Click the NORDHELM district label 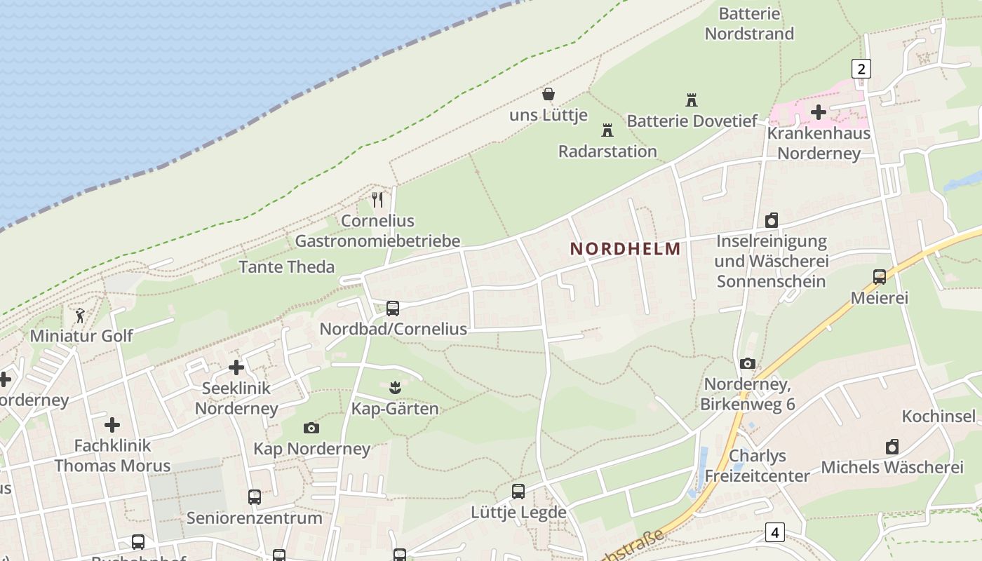pyautogui.click(x=625, y=248)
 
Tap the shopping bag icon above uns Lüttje pyautogui.click(x=549, y=94)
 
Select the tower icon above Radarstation pyautogui.click(x=607, y=130)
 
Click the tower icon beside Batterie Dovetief pyautogui.click(x=692, y=100)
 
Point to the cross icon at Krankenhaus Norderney pyautogui.click(x=818, y=111)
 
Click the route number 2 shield pyautogui.click(x=861, y=69)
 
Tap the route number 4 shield pyautogui.click(x=774, y=532)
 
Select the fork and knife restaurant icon pyautogui.click(x=377, y=200)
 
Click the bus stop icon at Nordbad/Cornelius pyautogui.click(x=393, y=308)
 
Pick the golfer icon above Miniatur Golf pyautogui.click(x=80, y=315)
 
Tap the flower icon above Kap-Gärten pyautogui.click(x=395, y=387)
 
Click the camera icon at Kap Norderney pyautogui.click(x=311, y=428)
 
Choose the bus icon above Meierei pyautogui.click(x=880, y=277)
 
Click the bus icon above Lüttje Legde pyautogui.click(x=518, y=492)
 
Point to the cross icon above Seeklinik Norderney pyautogui.click(x=236, y=367)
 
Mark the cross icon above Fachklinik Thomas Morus pyautogui.click(x=112, y=425)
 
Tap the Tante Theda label pyautogui.click(x=286, y=267)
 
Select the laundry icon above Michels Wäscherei pyautogui.click(x=892, y=447)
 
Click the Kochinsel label pyautogui.click(x=939, y=416)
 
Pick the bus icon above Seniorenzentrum pyautogui.click(x=255, y=497)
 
